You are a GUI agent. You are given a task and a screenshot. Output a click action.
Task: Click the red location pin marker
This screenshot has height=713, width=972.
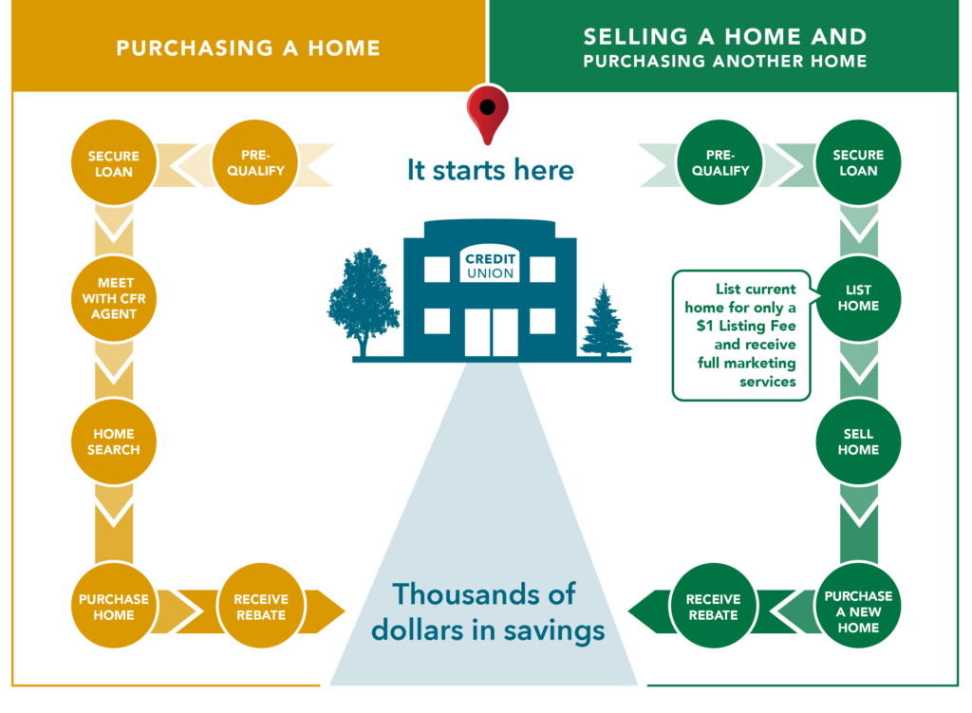click(x=488, y=114)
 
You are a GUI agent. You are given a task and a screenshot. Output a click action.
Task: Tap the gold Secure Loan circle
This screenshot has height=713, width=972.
click(x=114, y=162)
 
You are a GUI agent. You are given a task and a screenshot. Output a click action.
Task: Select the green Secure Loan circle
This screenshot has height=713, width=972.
click(x=858, y=162)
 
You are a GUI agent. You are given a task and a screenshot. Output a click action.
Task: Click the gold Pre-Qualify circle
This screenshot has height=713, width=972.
click(x=254, y=162)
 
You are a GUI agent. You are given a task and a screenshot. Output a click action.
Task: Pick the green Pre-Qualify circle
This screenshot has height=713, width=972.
click(x=720, y=162)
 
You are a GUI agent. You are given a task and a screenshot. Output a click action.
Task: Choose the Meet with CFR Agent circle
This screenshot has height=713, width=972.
click(x=114, y=298)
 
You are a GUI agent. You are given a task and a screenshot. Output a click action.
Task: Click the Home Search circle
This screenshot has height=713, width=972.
click(x=114, y=441)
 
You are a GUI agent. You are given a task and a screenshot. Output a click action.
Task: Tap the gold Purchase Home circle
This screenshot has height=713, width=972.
click(x=114, y=606)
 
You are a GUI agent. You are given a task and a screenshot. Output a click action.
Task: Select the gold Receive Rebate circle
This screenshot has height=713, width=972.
click(x=261, y=606)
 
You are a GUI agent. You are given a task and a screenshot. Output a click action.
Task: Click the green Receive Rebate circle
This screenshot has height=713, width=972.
click(x=713, y=606)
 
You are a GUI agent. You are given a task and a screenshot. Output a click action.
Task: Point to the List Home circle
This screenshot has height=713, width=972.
click(x=858, y=298)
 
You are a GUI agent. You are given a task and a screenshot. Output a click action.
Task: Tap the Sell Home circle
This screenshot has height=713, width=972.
click(x=858, y=441)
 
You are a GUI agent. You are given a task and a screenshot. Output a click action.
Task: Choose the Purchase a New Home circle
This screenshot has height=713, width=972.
click(x=858, y=606)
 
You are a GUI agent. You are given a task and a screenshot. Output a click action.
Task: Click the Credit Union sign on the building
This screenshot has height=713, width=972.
click(x=490, y=265)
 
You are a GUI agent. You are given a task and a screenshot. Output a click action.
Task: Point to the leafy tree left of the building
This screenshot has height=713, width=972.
click(x=364, y=302)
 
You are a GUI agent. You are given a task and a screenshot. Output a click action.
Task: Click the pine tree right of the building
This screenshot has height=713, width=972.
click(x=605, y=321)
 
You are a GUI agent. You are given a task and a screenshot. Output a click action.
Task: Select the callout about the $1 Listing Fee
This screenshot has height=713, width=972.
click(x=741, y=335)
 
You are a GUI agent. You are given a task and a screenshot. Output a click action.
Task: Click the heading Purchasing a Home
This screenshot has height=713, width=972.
click(x=248, y=48)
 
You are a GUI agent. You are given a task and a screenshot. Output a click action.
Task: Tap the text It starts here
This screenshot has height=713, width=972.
click(x=491, y=170)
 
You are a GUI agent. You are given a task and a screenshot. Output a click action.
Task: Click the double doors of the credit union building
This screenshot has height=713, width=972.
click(x=491, y=332)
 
